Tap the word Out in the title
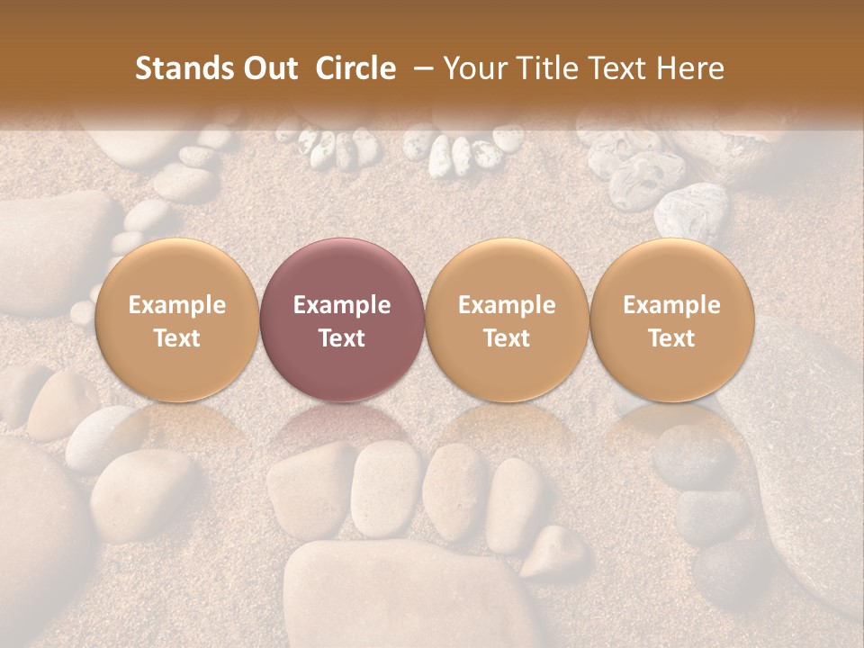coord(268,68)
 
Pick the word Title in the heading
coord(544,68)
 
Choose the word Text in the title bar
coord(613,68)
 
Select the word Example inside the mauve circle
coord(342,305)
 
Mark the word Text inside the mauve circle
coord(342,338)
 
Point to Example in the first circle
coord(176,305)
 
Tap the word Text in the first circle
coord(176,338)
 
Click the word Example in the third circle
coord(507,305)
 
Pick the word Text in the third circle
coord(507,338)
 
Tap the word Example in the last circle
coord(672,305)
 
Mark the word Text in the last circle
coord(672,338)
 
